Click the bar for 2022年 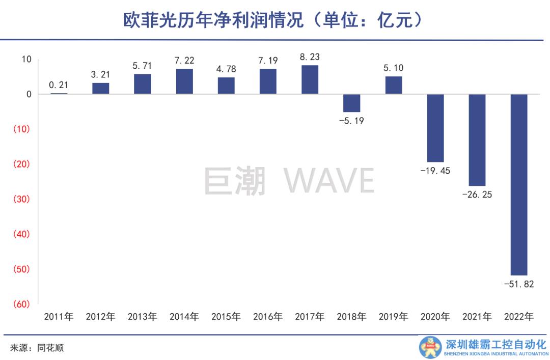point(519,184)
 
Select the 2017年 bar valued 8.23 point(310,80)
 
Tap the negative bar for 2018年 point(351,103)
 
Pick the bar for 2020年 point(435,128)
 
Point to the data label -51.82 point(519,284)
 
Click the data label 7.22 point(184,61)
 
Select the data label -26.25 point(477,195)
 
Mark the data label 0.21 point(59,85)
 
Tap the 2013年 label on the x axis point(142,317)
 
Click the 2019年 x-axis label point(393,317)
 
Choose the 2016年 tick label point(268,317)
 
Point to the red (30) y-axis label point(21,199)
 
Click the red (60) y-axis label point(21,304)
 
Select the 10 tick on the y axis point(26,59)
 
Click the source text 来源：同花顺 point(37,348)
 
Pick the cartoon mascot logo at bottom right point(430,347)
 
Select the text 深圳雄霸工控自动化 point(495,344)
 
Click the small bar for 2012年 point(100,89)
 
